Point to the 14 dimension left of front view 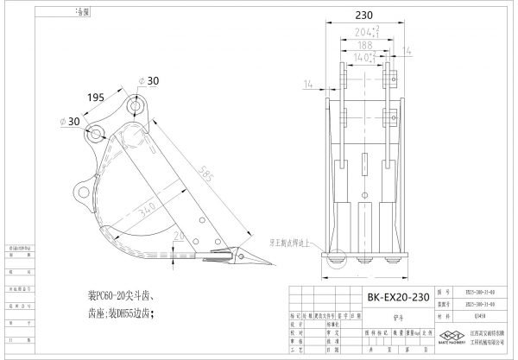click(309, 84)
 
